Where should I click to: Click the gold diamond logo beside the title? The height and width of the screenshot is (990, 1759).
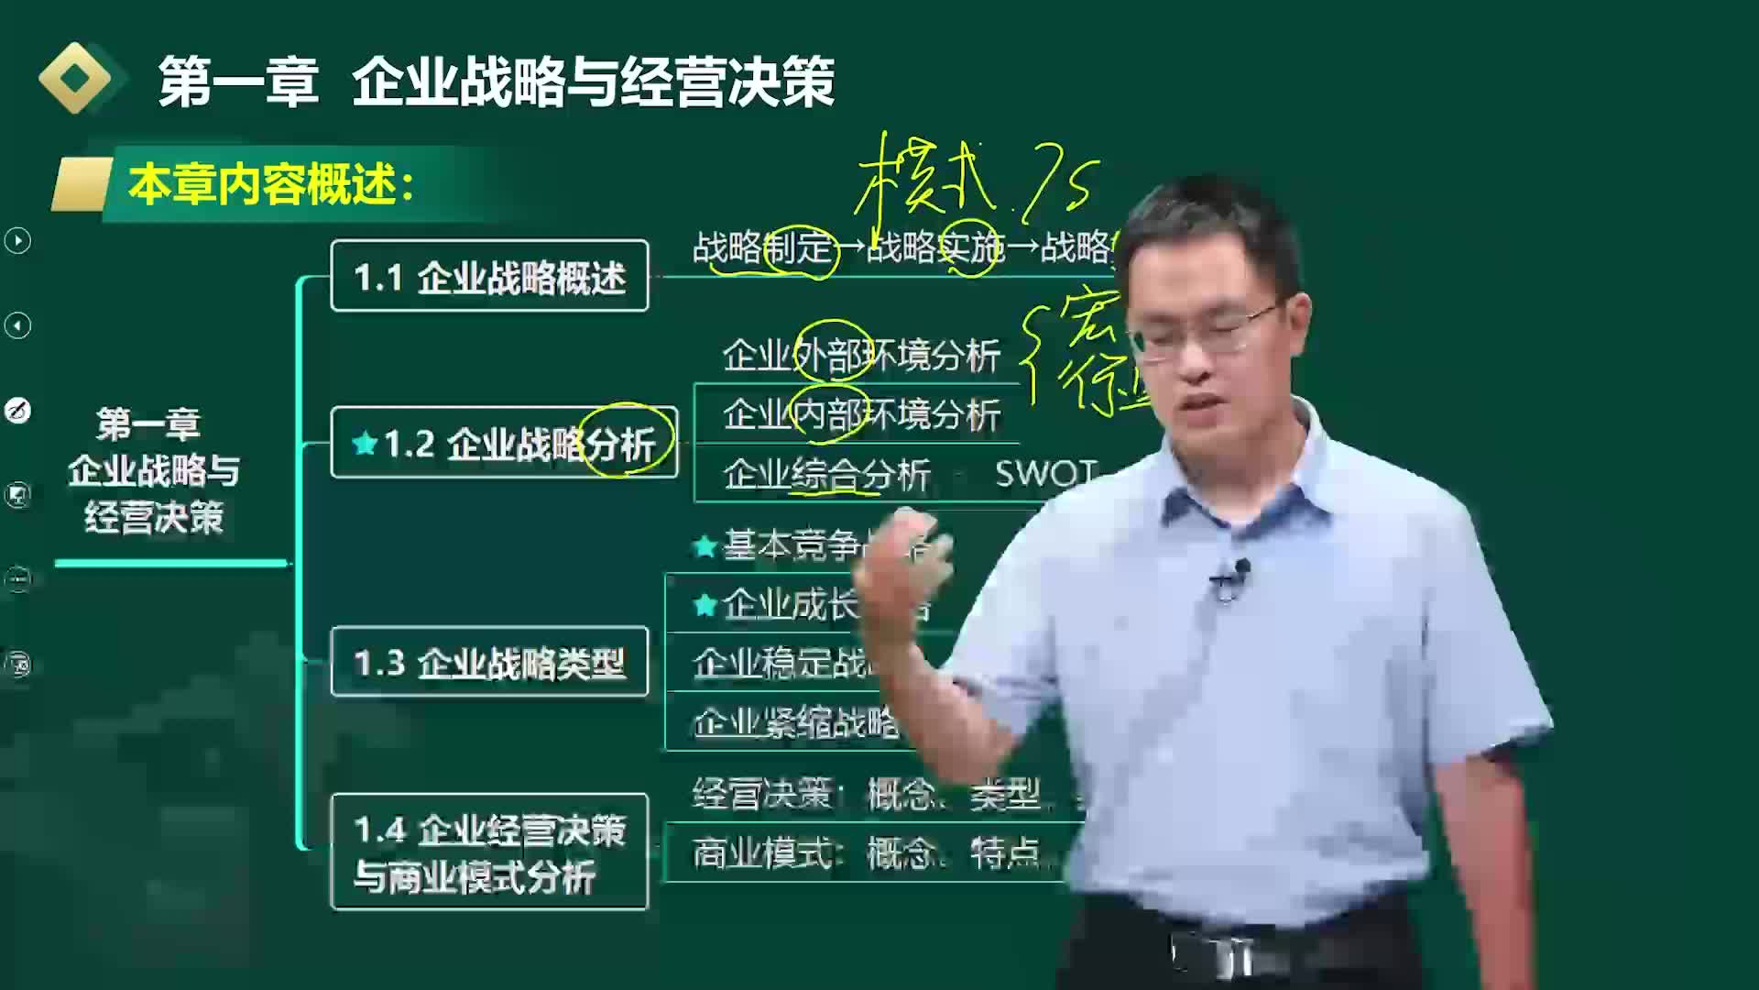coord(76,79)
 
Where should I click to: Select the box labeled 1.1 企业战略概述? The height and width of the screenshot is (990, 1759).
coord(489,276)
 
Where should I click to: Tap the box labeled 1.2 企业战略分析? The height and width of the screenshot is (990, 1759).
coord(504,444)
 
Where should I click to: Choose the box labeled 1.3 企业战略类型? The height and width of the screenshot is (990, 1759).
coord(489,662)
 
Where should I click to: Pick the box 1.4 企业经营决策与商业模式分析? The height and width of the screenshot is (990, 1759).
coord(489,852)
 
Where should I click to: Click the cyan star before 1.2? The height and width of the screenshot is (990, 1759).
coord(365,445)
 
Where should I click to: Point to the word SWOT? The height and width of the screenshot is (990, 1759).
coord(1045,473)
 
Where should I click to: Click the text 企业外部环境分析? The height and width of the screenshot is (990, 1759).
coord(860,356)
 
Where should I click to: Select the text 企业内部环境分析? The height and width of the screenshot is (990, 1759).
coord(860,415)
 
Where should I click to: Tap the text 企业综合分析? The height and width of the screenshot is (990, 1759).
coord(825,474)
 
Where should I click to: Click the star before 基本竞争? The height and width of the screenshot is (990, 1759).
coord(705,547)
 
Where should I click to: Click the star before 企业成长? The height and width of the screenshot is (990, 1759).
coord(705,605)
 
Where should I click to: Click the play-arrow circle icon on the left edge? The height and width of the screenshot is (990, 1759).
coord(17,241)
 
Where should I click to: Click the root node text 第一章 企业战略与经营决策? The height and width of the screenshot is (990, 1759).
coord(153,471)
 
